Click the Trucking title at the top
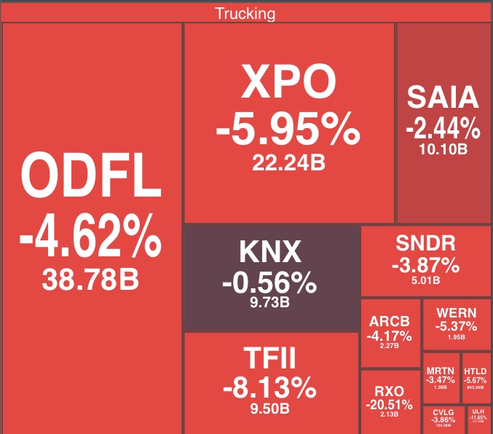245,13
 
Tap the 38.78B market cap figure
90,280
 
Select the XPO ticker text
289,83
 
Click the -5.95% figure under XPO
288,130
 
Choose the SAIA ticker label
443,98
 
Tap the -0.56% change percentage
270,282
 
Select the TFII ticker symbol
269,359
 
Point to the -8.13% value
269,387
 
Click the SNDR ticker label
426,243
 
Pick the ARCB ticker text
390,321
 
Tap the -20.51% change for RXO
390,404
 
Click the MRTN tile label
440,371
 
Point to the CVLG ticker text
443,412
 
